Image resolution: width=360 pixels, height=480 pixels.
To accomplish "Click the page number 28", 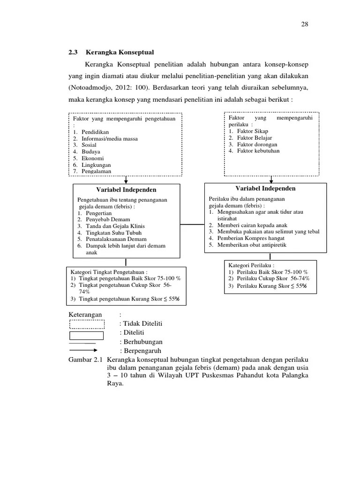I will pos(305,24).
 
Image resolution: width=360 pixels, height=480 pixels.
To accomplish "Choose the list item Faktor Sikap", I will pos(253,131).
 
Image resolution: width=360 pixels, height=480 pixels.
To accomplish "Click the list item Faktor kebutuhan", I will pos(258,151).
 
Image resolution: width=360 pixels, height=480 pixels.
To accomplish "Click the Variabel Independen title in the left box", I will pos(126,190).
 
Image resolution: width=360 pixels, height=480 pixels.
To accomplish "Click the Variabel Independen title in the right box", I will pos(265,188).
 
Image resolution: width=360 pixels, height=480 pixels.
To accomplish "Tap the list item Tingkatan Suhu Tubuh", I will pos(114,232).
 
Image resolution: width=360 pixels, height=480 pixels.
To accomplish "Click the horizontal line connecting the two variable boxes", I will pos(192,224).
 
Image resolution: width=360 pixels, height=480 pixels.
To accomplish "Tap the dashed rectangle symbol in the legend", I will pos(87,324).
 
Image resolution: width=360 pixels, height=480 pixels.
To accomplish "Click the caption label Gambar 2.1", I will pos(85,359).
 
